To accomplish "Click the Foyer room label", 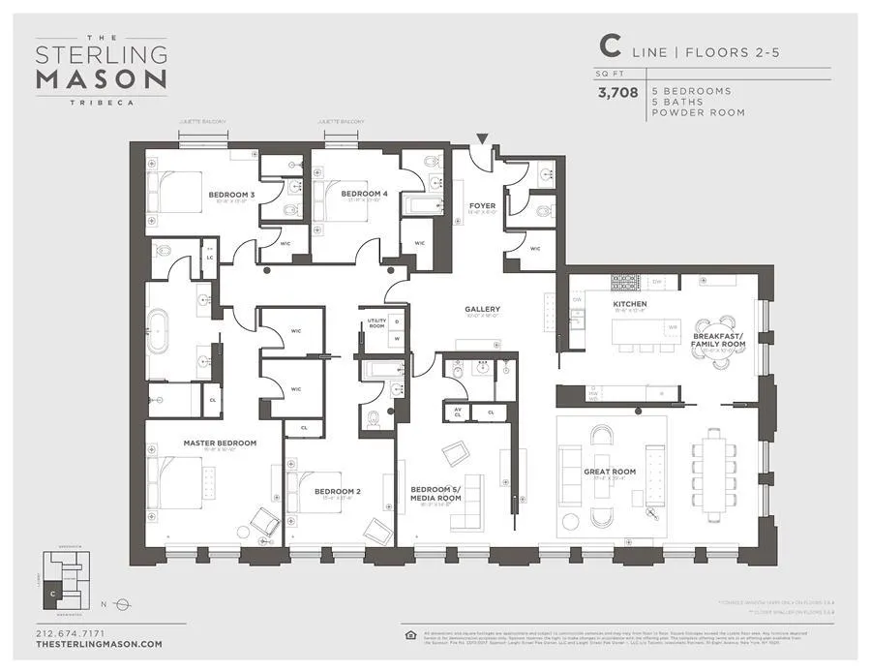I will click(482, 205).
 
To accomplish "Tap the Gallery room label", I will click(482, 310).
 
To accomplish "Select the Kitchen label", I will click(629, 304).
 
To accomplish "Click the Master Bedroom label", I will click(220, 443).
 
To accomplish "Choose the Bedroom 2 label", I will click(337, 492).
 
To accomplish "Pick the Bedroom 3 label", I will click(231, 195).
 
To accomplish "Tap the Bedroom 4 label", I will click(364, 194).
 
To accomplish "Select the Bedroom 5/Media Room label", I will click(435, 494).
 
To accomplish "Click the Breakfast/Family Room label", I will click(718, 340).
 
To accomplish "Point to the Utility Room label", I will click(375, 324).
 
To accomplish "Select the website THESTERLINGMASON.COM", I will click(99, 645).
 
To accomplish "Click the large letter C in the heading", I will click(610, 46).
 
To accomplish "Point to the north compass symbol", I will click(122, 604).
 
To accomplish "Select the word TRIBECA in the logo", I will click(101, 99).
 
